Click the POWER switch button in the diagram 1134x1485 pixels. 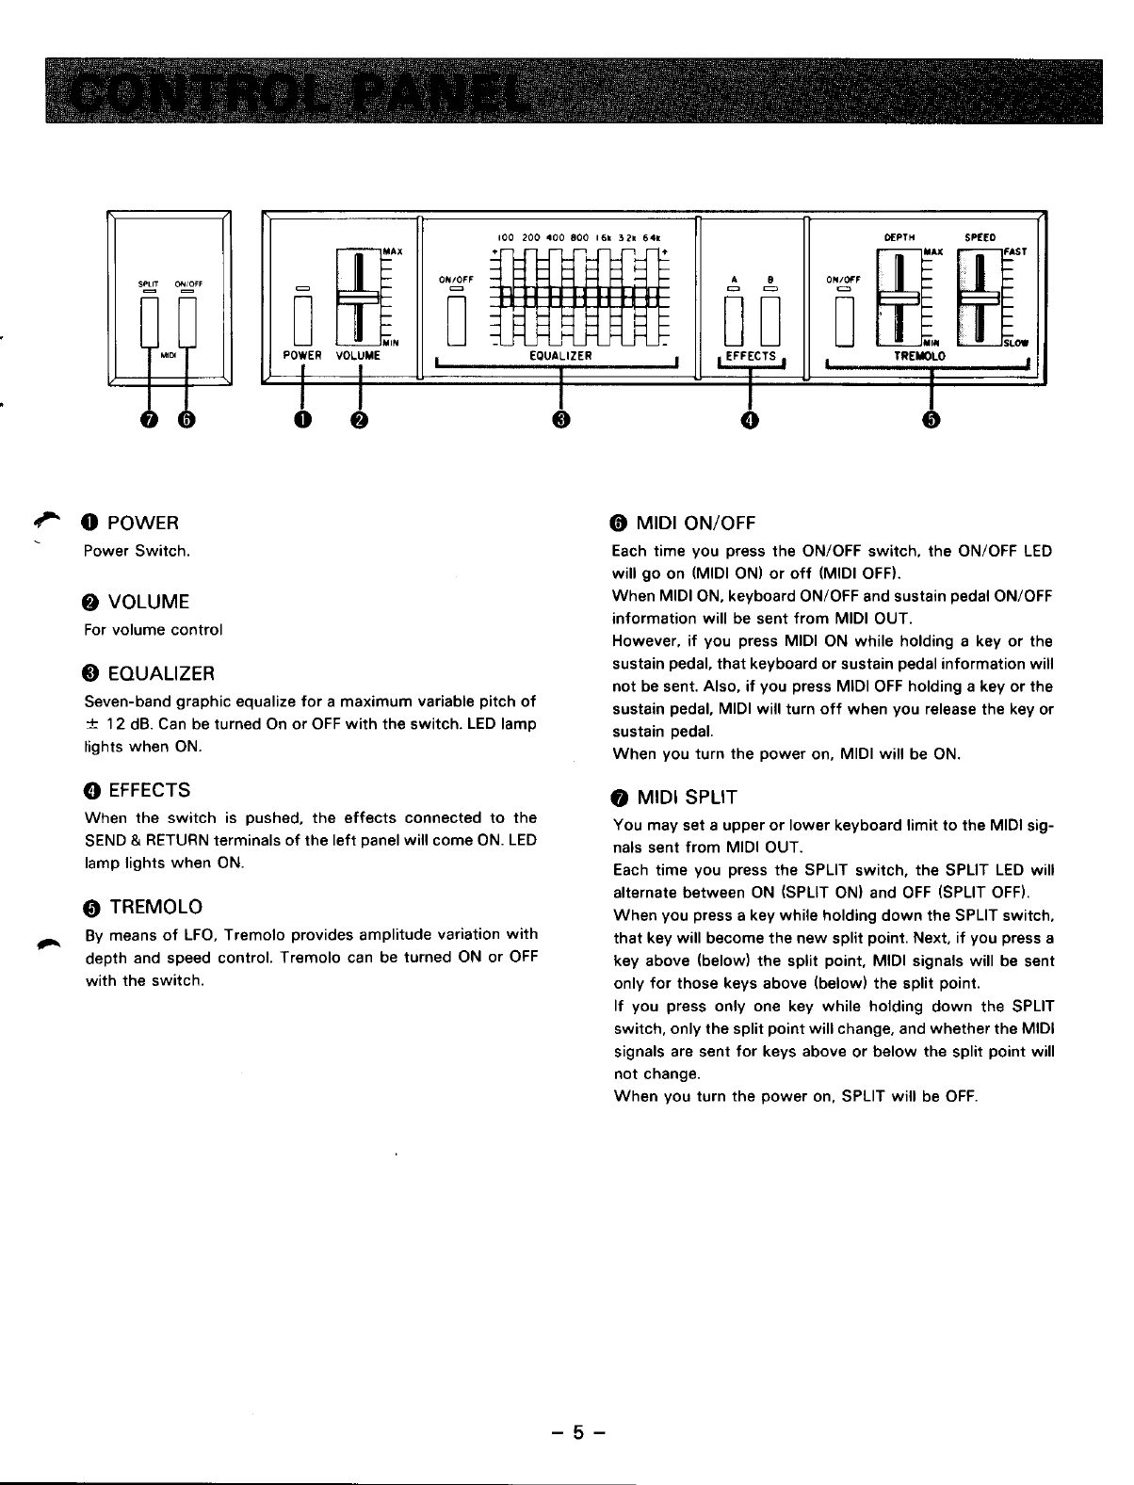coord(302,319)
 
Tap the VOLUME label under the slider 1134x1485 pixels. coord(357,356)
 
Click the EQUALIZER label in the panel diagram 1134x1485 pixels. coord(560,356)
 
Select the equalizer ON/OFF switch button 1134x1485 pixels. coord(457,320)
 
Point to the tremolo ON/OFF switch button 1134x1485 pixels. coord(846,319)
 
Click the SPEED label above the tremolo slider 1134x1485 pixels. coord(981,237)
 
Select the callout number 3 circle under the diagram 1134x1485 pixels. coord(561,420)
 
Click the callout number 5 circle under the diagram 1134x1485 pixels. coord(932,420)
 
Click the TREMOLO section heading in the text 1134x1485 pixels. coord(156,907)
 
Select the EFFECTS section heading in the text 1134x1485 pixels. coord(150,789)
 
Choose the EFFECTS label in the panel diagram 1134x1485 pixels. coord(750,356)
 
